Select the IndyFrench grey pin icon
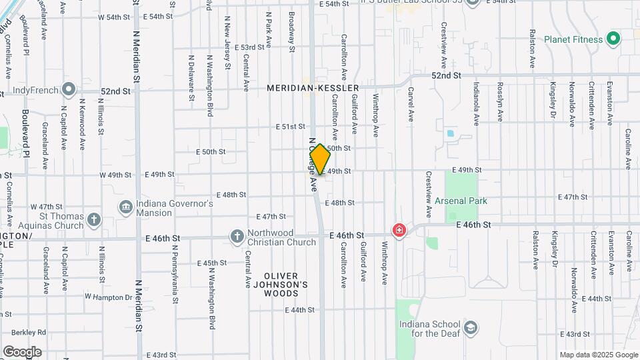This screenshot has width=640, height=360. click(x=68, y=89)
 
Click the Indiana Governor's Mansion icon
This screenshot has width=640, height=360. click(x=125, y=207)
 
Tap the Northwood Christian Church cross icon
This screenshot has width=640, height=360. click(x=237, y=236)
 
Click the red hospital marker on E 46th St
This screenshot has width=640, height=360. click(x=399, y=231)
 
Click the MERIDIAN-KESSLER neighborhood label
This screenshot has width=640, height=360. click(x=313, y=88)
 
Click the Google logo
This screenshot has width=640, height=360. click(x=22, y=351)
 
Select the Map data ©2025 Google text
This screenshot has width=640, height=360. click(x=599, y=355)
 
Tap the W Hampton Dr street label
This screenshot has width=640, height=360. click(x=109, y=297)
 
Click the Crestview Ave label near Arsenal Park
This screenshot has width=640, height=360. click(x=428, y=194)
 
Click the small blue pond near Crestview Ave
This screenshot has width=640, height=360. click(x=450, y=133)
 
